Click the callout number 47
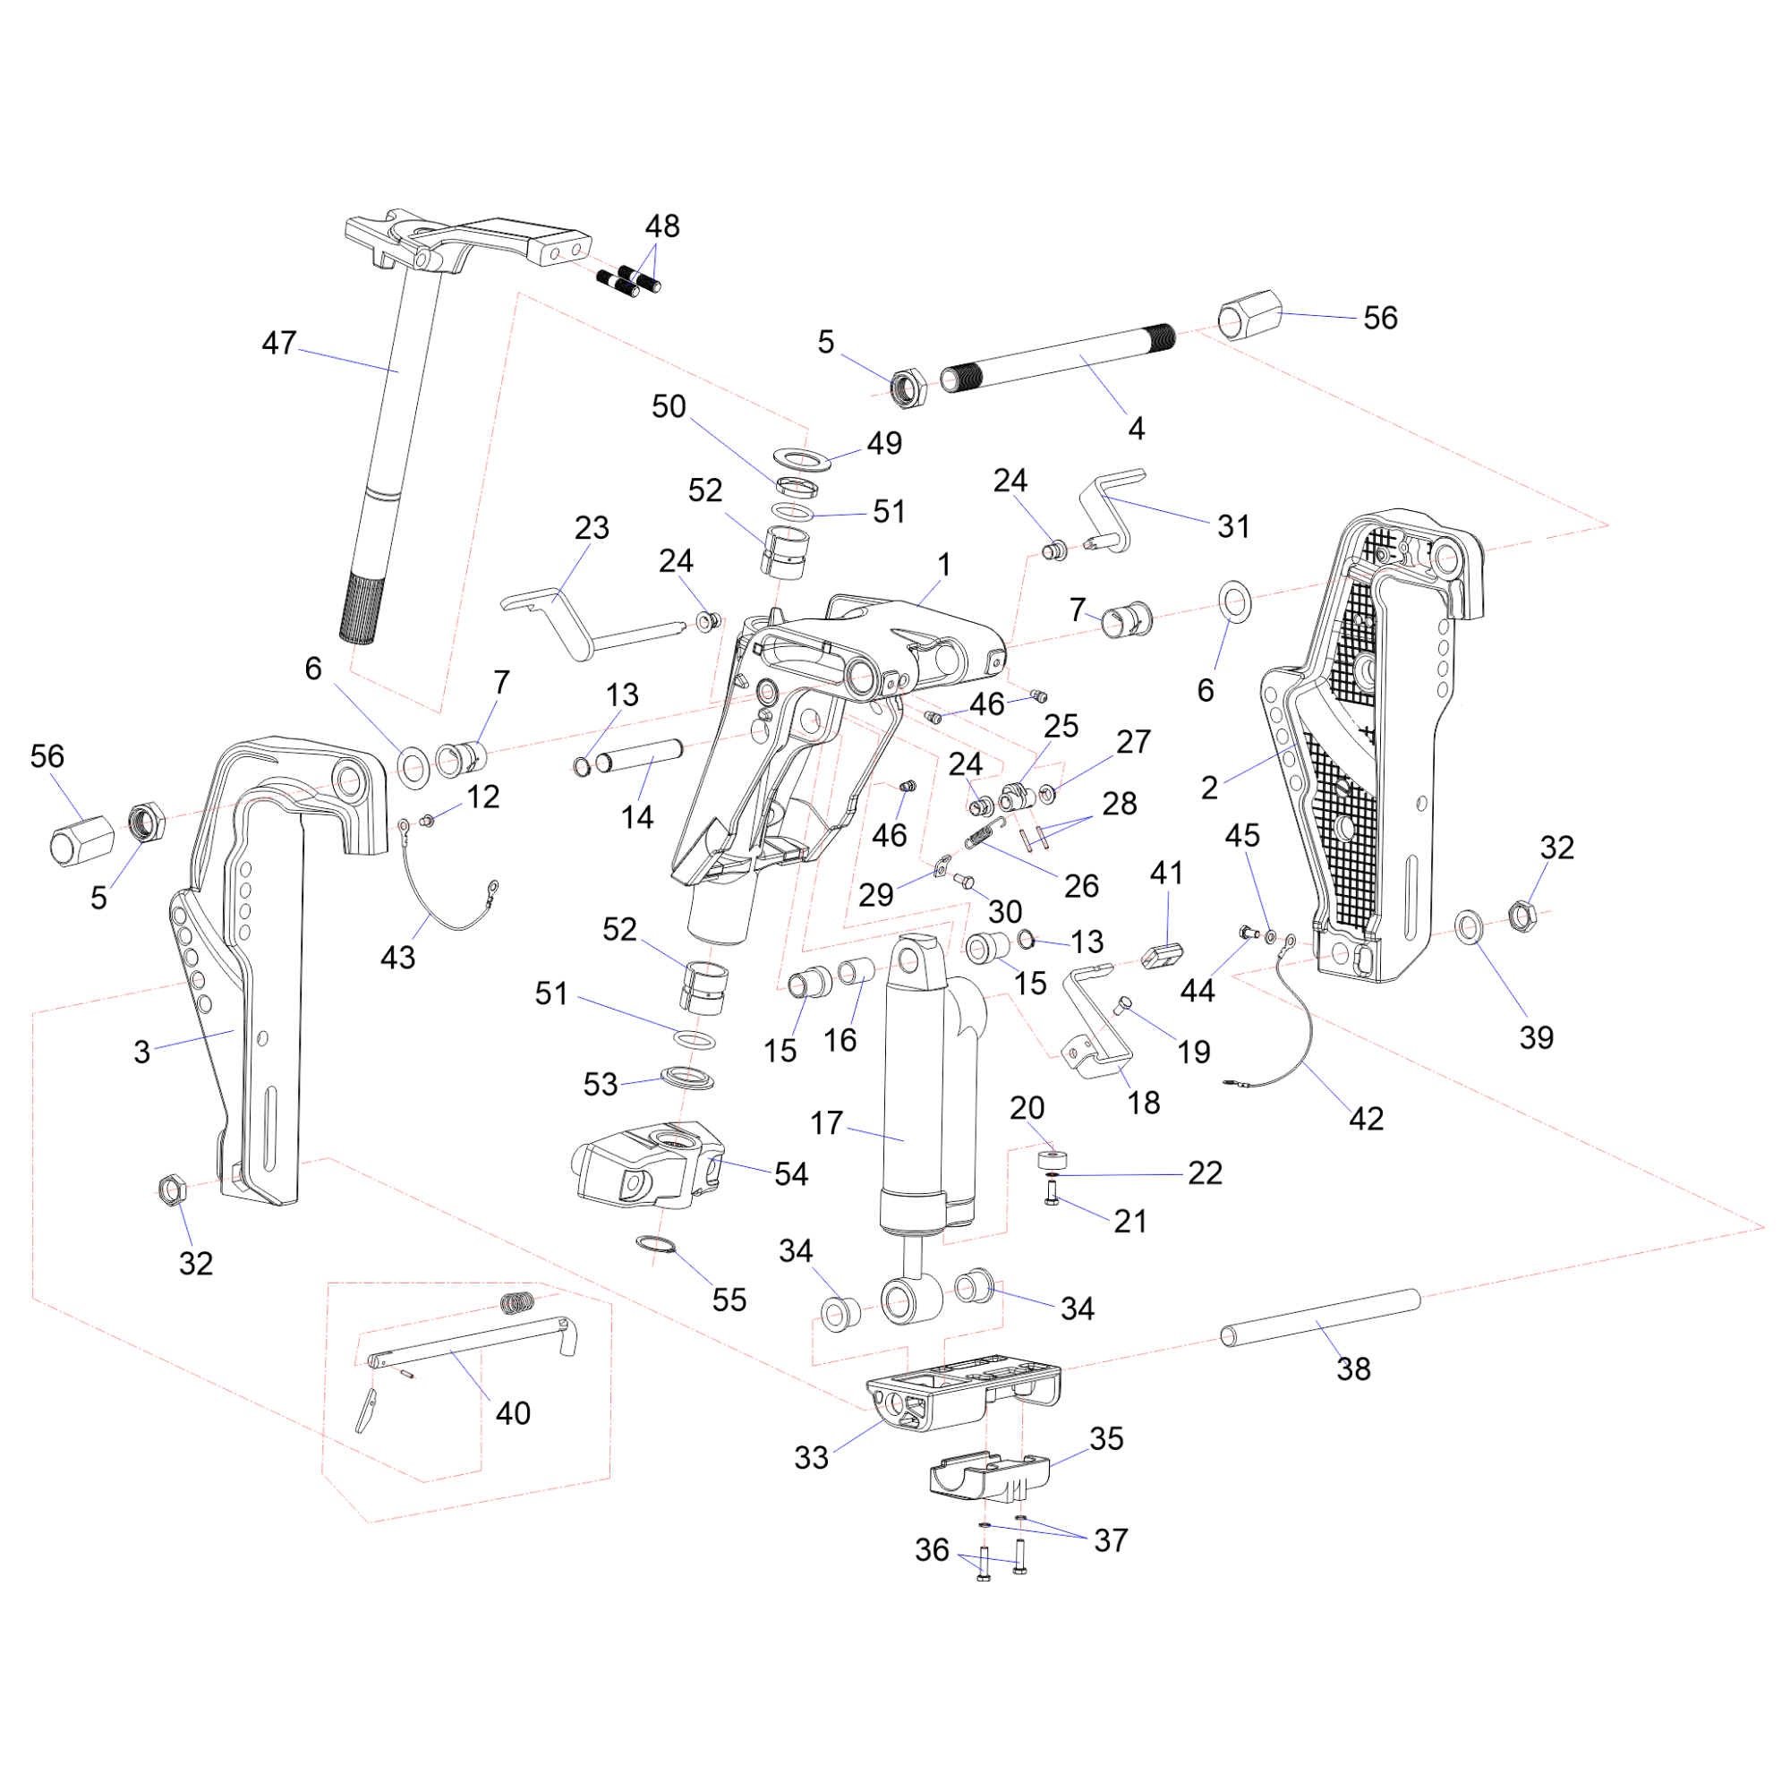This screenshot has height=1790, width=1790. (x=279, y=344)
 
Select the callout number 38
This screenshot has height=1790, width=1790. (x=1352, y=1368)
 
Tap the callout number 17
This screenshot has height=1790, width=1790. (x=825, y=1123)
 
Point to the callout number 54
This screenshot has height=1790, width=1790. (x=790, y=1174)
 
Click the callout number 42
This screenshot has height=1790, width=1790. (x=1366, y=1118)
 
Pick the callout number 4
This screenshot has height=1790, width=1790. (x=1136, y=428)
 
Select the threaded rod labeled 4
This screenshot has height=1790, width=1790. (x=1056, y=359)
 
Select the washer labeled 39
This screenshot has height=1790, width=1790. (x=1469, y=925)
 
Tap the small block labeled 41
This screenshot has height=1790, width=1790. (x=1164, y=954)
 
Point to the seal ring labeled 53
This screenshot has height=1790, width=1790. (x=687, y=1078)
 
